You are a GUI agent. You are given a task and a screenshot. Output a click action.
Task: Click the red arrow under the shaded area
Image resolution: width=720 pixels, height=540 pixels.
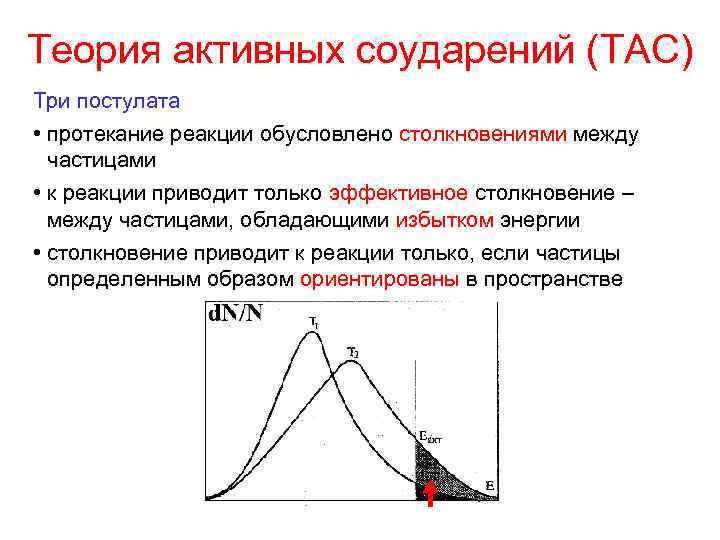point(429,493)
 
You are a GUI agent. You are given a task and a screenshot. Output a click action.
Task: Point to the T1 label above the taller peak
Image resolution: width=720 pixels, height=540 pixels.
point(313,322)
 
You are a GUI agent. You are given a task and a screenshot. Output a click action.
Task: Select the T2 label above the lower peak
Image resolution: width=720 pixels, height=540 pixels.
point(353,352)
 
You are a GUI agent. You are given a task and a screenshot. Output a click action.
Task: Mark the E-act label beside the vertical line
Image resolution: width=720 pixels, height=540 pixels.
point(430,437)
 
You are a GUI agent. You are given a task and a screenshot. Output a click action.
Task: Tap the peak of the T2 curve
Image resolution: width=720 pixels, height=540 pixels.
point(348,362)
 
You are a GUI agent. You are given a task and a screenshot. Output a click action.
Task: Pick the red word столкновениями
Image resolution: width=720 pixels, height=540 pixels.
point(484,134)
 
